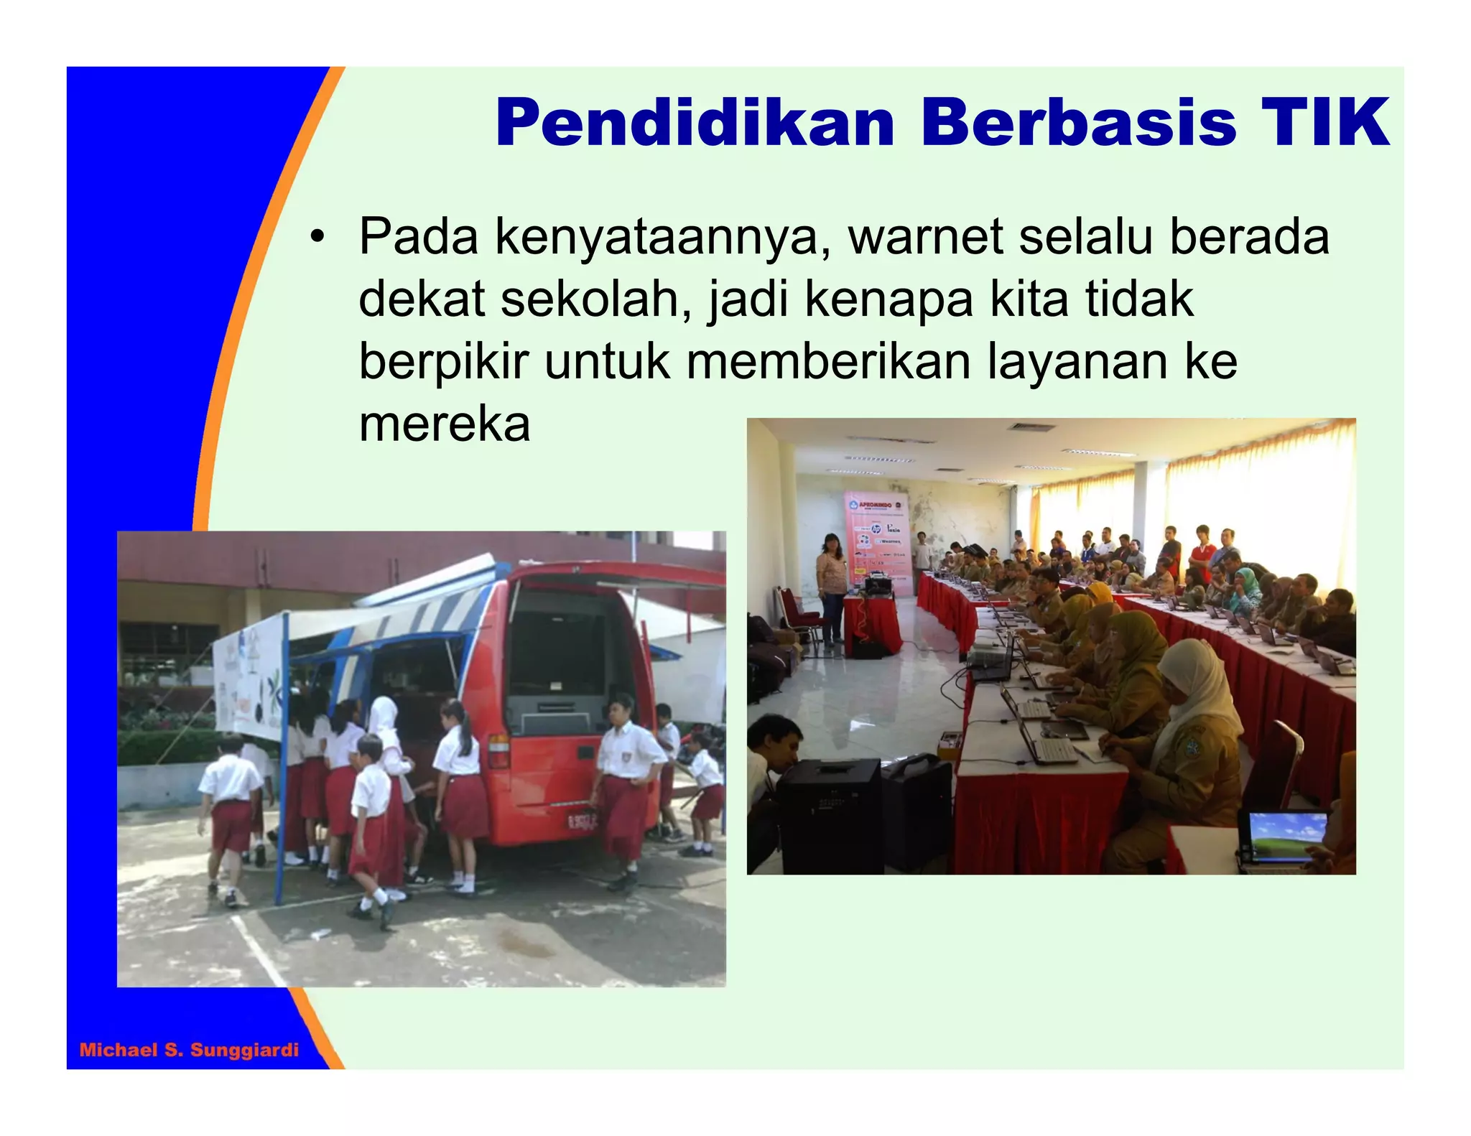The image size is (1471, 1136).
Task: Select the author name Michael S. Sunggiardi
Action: tap(189, 1050)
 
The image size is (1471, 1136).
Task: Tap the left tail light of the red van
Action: tap(498, 750)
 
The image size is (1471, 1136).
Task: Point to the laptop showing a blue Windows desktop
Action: tap(1286, 837)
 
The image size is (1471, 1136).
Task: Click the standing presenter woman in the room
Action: tap(832, 589)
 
